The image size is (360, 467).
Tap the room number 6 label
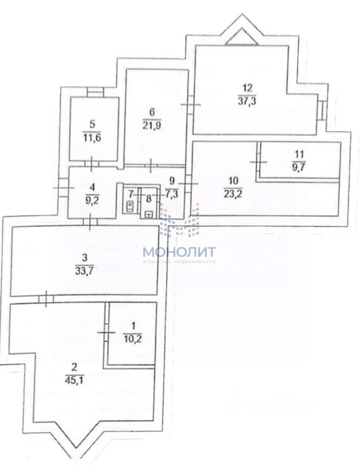(x=151, y=112)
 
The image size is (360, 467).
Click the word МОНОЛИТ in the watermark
(x=179, y=252)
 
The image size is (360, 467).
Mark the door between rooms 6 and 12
(x=189, y=105)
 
